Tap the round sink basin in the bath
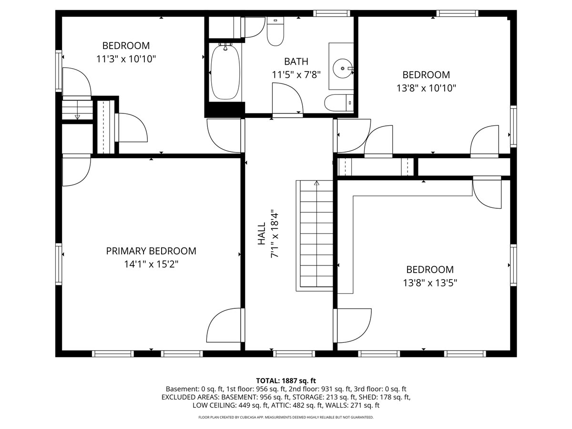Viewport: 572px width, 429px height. [x=342, y=69]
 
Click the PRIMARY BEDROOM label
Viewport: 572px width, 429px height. [x=151, y=251]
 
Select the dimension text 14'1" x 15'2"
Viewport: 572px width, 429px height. [x=151, y=265]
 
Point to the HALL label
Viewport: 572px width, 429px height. [x=261, y=234]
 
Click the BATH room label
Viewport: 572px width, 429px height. [x=296, y=61]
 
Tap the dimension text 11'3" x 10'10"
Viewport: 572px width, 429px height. [x=126, y=59]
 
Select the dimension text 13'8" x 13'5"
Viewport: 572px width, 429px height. [x=430, y=283]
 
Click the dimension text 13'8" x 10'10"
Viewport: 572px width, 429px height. [x=426, y=88]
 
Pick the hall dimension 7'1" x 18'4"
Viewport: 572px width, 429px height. [x=275, y=234]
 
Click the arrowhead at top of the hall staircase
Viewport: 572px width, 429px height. [x=317, y=183]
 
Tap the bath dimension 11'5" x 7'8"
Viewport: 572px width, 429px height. [x=296, y=75]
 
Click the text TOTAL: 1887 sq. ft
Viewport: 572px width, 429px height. [x=286, y=381]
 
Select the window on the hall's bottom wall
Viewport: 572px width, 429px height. [x=294, y=354]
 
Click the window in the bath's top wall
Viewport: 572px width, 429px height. [x=331, y=13]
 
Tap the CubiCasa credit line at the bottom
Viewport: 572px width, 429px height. [x=286, y=417]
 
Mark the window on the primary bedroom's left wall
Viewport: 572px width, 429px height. [x=59, y=264]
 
